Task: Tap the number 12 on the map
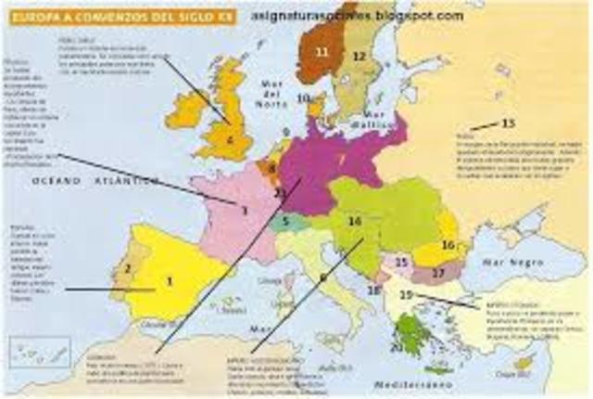click(x=360, y=57)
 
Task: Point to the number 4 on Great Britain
click(x=230, y=142)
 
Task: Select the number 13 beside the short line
click(x=508, y=123)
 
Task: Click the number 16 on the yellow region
click(x=448, y=245)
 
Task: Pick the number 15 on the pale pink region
click(x=401, y=263)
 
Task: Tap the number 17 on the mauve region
click(x=438, y=272)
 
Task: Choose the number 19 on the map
click(x=405, y=294)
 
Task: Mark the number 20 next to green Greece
click(x=396, y=347)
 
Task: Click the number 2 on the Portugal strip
click(x=128, y=270)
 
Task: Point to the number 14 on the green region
click(x=354, y=222)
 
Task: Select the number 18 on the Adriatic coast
click(x=372, y=290)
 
